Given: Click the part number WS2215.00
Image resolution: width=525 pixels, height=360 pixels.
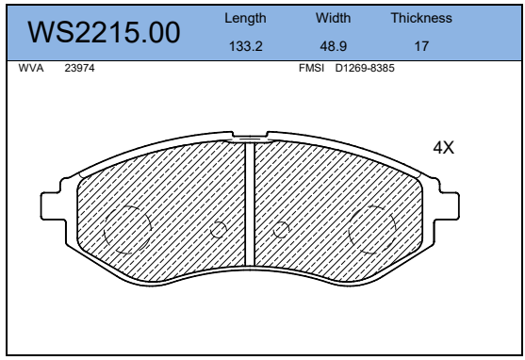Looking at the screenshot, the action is (x=104, y=32).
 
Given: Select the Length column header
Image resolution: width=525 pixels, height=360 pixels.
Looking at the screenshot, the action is (x=245, y=18).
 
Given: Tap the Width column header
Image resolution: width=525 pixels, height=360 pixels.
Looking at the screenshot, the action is (x=333, y=18).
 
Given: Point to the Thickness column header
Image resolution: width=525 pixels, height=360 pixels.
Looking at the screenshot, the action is (x=421, y=18).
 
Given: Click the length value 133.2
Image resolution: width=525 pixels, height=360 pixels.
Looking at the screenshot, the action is (x=245, y=46).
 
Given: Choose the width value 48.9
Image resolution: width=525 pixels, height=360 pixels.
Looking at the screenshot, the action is (x=333, y=46).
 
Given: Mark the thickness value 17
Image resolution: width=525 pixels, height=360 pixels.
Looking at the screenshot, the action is (x=421, y=46).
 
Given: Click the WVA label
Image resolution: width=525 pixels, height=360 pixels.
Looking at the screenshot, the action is (x=31, y=68).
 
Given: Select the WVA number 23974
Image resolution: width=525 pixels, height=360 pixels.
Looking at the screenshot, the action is (x=79, y=68).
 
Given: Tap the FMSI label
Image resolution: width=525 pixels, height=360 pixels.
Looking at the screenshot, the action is (x=311, y=68).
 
